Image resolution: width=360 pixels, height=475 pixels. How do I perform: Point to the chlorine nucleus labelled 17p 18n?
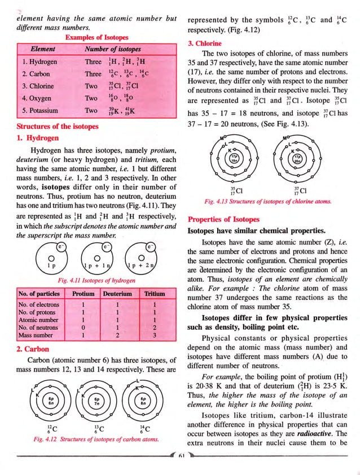click(234, 158)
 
